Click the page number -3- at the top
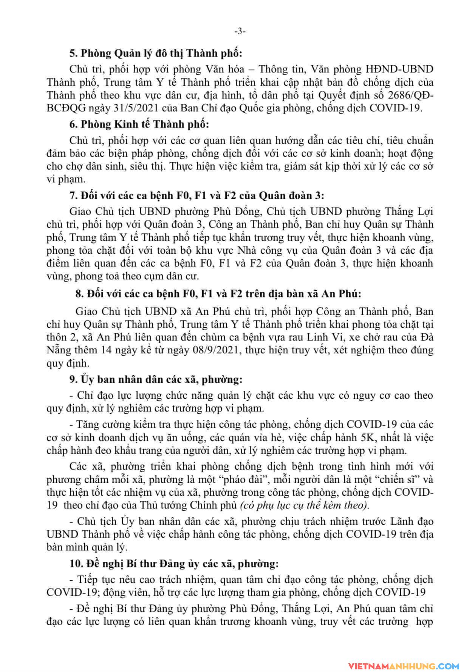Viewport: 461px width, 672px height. [x=240, y=32]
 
